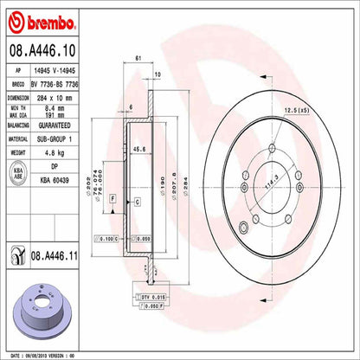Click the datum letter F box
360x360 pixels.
[112, 199]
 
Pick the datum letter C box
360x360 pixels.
[138, 202]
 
